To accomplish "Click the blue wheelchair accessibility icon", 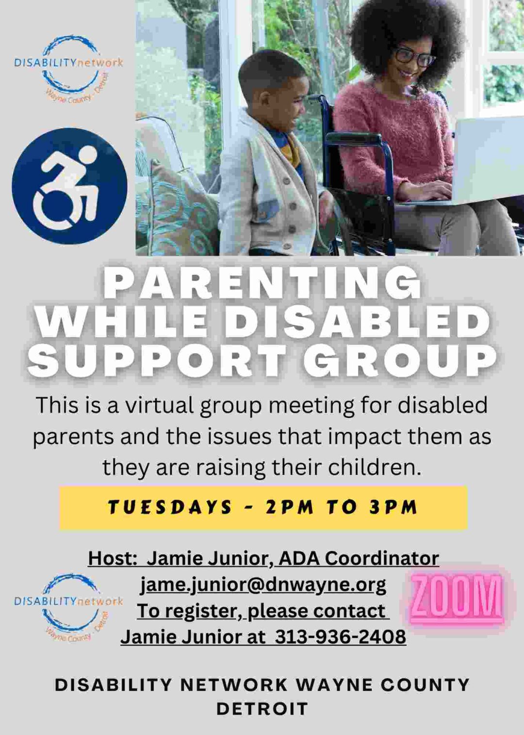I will tap(69, 186).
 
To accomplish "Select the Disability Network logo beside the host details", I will tap(68, 607).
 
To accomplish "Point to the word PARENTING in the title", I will tap(262, 284).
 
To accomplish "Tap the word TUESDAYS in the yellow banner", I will tap(170, 507).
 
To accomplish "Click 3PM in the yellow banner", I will tap(393, 507).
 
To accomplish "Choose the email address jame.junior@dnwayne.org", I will tap(263, 584).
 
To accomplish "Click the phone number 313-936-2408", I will tap(340, 636).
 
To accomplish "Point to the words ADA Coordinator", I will tap(359, 558).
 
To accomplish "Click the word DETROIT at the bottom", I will tap(262, 709).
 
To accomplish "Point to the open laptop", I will tap(485, 160).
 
